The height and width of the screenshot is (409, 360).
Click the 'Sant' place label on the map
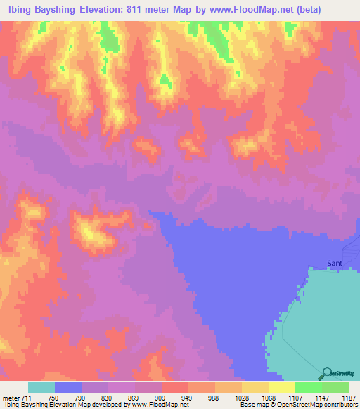coord(335,264)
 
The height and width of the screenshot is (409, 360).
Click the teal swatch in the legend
coord(41,387)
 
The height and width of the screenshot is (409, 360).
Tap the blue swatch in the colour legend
coord(68,387)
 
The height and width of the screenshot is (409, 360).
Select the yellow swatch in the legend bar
coord(282,387)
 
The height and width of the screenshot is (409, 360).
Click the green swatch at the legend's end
coord(335,387)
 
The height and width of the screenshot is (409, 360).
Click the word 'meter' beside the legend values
coord(12,398)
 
